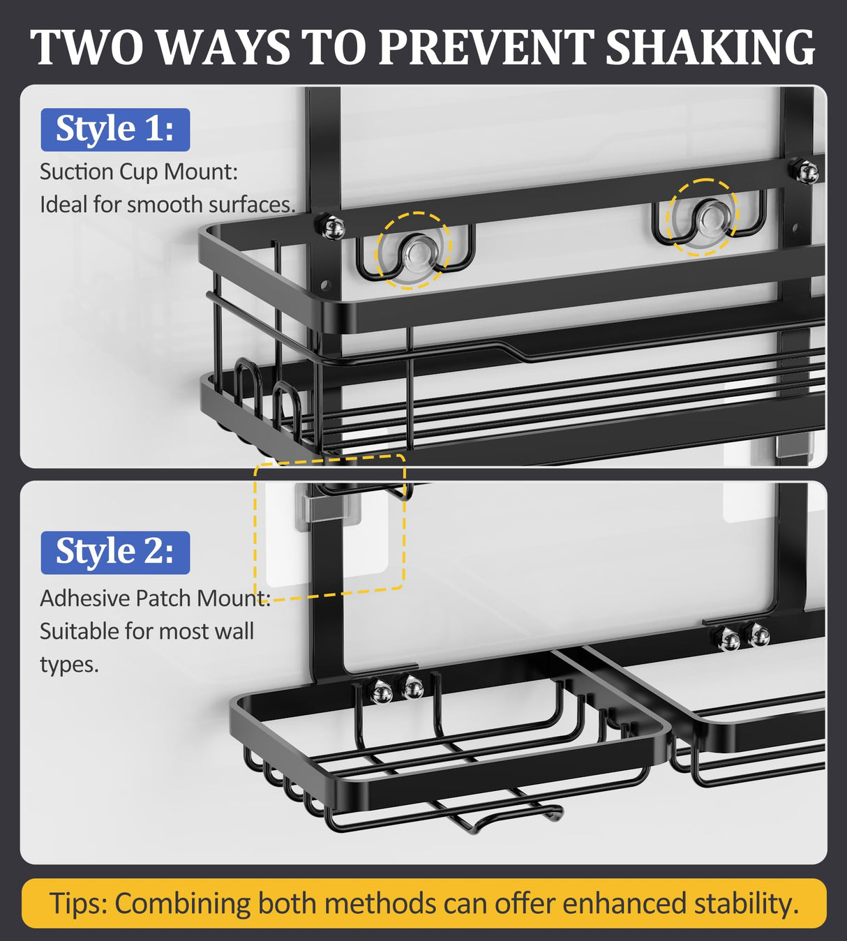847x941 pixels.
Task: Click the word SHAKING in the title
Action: coord(710,47)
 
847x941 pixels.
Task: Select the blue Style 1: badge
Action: coord(115,130)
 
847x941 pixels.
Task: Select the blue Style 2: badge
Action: coord(115,552)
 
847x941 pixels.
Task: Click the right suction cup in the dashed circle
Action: coord(703,216)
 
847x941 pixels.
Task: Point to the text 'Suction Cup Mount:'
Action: coord(139,172)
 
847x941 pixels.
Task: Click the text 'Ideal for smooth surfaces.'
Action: coord(167,204)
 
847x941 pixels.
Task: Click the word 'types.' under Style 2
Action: coord(69,664)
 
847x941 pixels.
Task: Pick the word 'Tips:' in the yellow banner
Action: coord(77,903)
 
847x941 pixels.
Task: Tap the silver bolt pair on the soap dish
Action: coord(398,691)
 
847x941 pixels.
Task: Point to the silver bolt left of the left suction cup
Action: coord(331,227)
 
